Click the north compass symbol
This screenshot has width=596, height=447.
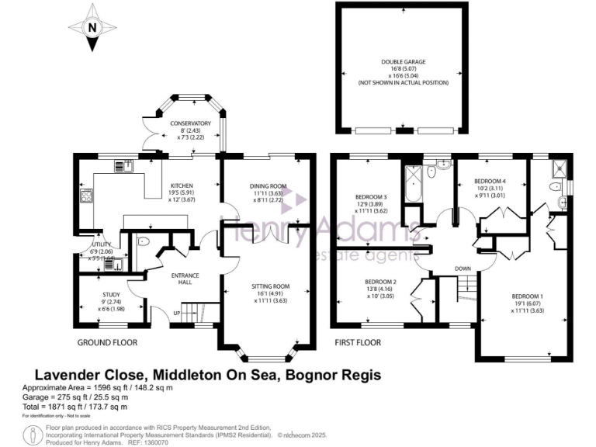coord(93,27)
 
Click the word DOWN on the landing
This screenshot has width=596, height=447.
coord(463,270)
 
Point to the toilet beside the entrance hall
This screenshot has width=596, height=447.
coord(142,241)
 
